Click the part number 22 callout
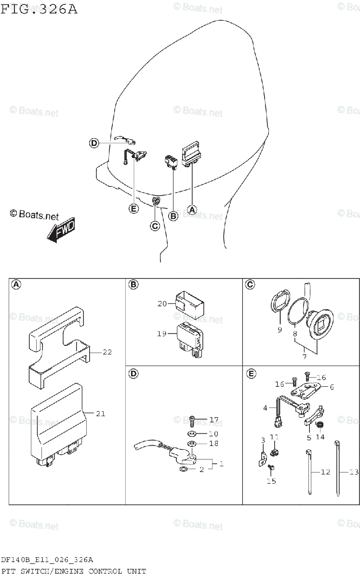click(x=107, y=352)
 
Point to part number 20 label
click(x=161, y=303)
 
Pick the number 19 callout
click(x=161, y=333)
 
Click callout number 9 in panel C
click(x=280, y=330)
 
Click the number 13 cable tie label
click(x=354, y=472)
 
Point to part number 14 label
click(x=320, y=437)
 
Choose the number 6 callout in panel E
click(x=332, y=386)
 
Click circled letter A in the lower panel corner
click(x=16, y=285)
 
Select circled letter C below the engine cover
click(x=155, y=226)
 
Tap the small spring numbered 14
click(x=319, y=424)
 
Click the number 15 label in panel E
click(x=271, y=481)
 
